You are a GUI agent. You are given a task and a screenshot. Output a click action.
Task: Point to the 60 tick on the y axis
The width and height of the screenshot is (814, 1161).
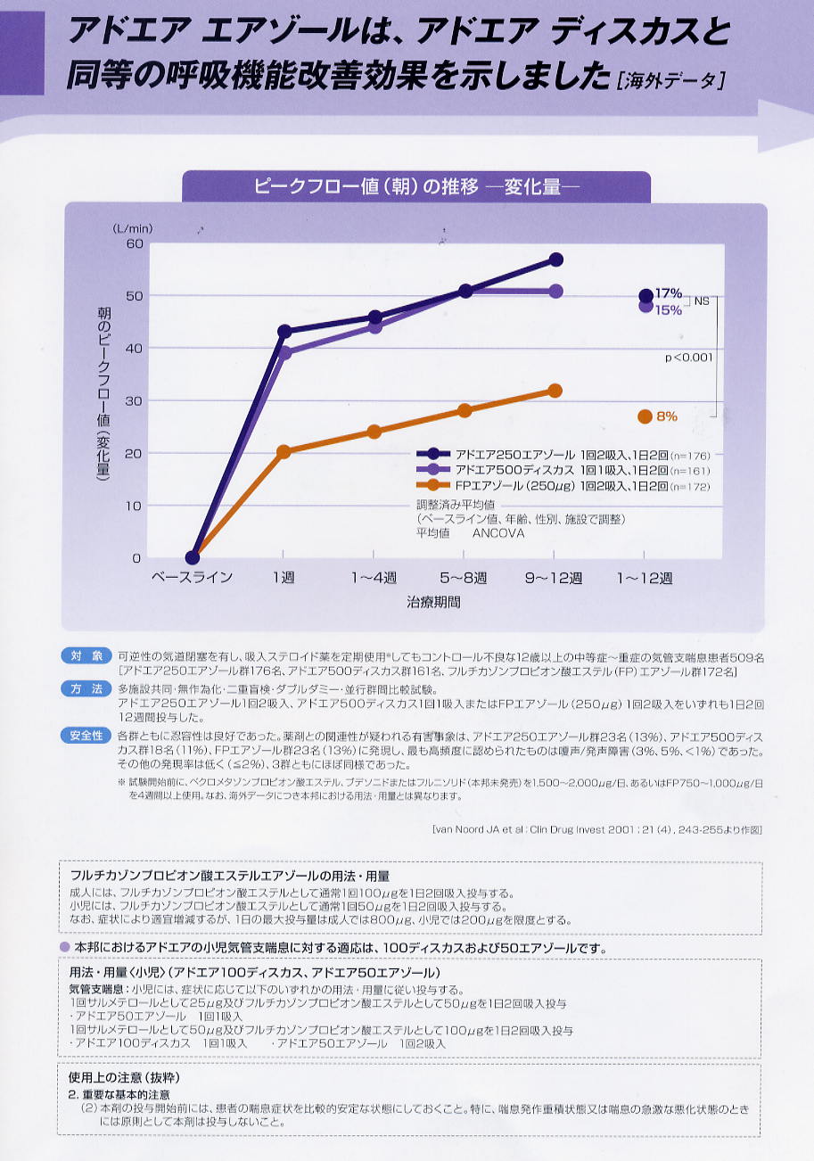(134, 243)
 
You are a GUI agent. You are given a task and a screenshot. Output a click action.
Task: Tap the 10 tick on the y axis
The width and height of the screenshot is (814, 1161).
(134, 506)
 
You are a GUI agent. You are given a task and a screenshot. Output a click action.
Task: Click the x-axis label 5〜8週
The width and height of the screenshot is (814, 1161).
(465, 578)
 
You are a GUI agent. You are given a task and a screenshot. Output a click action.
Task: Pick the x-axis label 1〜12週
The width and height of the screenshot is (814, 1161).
(645, 578)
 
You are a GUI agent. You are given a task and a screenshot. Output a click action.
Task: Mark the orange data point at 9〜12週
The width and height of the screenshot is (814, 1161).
(555, 391)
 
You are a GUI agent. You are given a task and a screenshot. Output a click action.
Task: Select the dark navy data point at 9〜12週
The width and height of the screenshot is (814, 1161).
(555, 259)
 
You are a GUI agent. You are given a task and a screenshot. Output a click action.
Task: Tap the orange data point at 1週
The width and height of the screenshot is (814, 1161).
(284, 452)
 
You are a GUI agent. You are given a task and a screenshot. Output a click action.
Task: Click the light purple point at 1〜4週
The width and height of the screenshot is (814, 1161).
(374, 327)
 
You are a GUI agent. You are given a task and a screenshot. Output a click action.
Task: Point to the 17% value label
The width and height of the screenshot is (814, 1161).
(669, 292)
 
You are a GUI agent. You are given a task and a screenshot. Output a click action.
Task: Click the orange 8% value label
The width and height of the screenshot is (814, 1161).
(667, 416)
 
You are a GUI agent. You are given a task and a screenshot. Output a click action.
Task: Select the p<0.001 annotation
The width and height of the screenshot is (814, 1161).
(689, 358)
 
